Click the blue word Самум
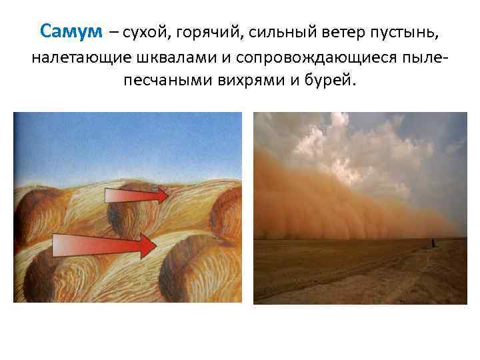(71, 31)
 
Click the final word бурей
(332, 83)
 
